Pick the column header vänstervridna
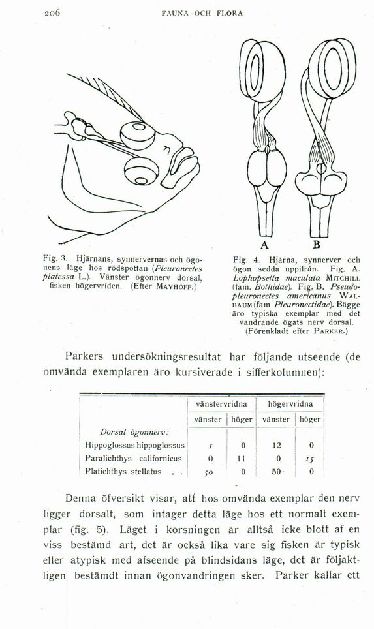219,404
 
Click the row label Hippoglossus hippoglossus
134,444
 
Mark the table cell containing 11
241,457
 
